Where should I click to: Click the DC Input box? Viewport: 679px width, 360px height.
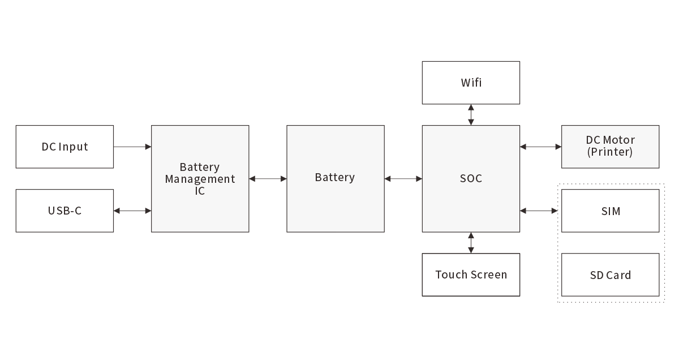coord(65,147)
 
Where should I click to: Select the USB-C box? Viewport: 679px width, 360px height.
coord(65,211)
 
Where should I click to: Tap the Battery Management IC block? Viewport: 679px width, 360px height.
coord(200,178)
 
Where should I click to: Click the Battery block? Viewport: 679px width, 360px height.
coord(335,178)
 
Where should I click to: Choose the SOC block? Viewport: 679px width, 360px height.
coord(471,178)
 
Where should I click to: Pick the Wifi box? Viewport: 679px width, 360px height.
coord(471,83)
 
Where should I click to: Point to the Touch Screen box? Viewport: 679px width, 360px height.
coord(471,275)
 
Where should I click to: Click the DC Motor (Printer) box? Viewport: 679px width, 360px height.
coord(610,146)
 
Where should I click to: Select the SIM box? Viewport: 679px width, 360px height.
coord(610,211)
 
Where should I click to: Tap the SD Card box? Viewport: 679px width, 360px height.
coord(610,275)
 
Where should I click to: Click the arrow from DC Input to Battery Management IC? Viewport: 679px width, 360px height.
coord(132,147)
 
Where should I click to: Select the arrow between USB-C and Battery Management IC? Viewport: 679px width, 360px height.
coord(132,211)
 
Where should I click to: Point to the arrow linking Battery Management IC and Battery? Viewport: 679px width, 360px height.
coord(268,179)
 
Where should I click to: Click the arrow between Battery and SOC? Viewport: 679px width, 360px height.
coord(403,179)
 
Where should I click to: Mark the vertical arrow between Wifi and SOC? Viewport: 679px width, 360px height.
coord(471,114)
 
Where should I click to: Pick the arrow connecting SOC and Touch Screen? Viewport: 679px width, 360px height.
coord(471,242)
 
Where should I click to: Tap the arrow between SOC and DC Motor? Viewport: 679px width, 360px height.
coord(540,147)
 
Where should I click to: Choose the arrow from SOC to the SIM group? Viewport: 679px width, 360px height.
coord(539,211)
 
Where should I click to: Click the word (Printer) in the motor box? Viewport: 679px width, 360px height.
coord(610,152)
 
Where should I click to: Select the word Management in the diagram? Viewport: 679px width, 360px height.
coord(200,179)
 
